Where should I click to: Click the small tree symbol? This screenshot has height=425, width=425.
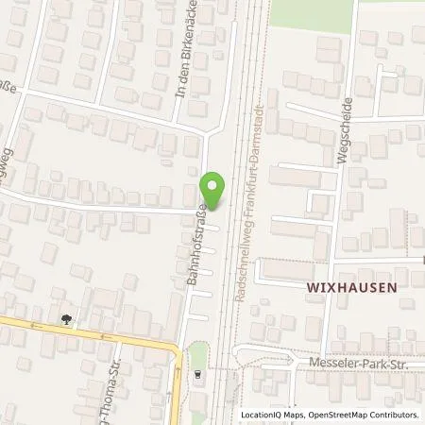pyautogui.click(x=65, y=319)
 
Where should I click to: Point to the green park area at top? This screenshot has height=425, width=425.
pyautogui.click(x=312, y=11)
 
